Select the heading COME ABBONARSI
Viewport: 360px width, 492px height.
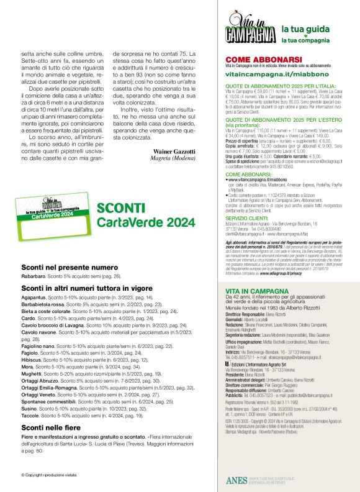tap(254, 60)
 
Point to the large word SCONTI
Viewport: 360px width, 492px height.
tap(121, 208)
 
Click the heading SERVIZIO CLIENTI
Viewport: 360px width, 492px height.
tap(247, 219)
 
